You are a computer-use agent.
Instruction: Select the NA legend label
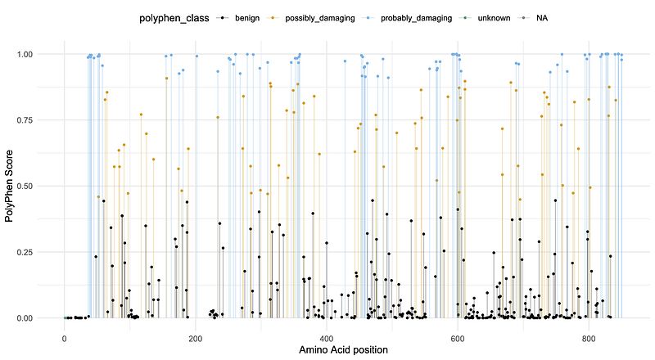coord(542,17)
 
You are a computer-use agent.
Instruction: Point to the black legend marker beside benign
coord(220,17)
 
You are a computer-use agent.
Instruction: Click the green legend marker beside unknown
coord(468,17)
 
